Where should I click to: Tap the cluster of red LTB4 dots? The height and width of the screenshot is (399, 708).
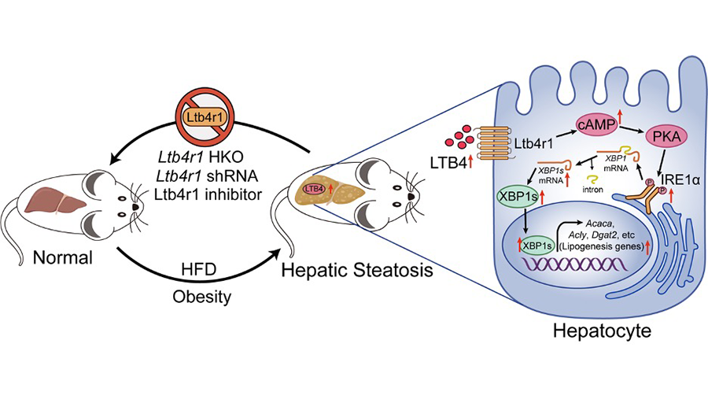[458, 140]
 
